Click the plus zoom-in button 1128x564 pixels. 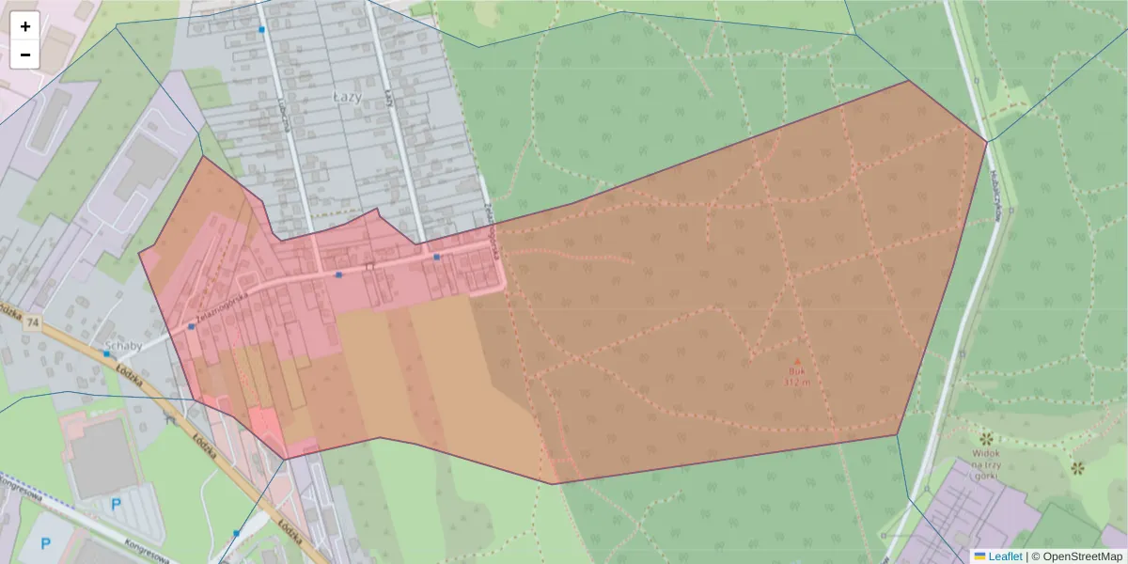[x=25, y=26]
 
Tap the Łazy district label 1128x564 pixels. [x=347, y=96]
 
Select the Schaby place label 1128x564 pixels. [x=124, y=345]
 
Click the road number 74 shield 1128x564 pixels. [x=34, y=322]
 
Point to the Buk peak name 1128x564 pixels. [x=796, y=371]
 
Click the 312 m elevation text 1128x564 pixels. [x=796, y=382]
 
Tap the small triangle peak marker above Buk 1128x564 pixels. [x=797, y=361]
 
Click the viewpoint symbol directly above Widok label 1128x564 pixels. [x=986, y=439]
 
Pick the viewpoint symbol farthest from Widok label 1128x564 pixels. [x=1077, y=467]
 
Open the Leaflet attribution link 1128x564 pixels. [x=1004, y=556]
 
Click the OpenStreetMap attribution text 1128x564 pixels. [x=1076, y=556]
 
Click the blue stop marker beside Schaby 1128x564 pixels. [x=107, y=354]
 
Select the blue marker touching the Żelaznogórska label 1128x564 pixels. [x=192, y=326]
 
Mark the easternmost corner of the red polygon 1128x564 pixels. [x=987, y=142]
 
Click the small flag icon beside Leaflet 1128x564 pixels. [x=979, y=556]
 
